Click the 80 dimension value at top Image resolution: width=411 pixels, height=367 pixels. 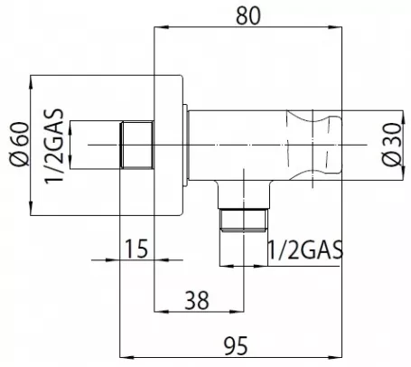(x=248, y=15)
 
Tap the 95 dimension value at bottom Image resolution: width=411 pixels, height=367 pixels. (x=236, y=346)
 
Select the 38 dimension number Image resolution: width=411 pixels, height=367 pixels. (x=197, y=300)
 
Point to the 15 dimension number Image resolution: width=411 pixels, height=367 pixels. (x=136, y=249)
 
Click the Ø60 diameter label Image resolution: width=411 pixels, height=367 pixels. (x=20, y=144)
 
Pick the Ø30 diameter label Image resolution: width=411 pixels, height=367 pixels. (x=393, y=144)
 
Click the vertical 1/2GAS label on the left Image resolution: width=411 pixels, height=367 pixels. (x=54, y=146)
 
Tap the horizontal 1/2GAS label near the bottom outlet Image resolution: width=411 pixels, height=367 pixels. (x=305, y=249)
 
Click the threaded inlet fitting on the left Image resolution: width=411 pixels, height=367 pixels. (x=137, y=145)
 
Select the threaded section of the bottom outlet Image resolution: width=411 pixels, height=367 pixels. (x=244, y=220)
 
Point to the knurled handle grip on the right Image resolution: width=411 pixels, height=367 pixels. (x=313, y=146)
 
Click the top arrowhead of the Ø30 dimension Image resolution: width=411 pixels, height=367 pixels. (x=403, y=118)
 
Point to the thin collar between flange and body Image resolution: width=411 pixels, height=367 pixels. (x=185, y=146)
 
